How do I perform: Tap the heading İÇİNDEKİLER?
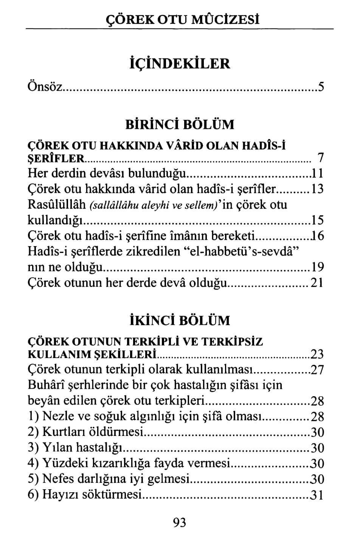tap(180, 63)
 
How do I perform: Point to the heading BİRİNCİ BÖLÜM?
tap(180, 124)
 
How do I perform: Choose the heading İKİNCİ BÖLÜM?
tap(180, 320)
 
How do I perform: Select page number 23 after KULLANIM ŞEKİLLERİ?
tap(317, 354)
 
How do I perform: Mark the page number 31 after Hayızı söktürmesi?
tap(317, 495)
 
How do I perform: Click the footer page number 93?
tap(180, 523)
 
